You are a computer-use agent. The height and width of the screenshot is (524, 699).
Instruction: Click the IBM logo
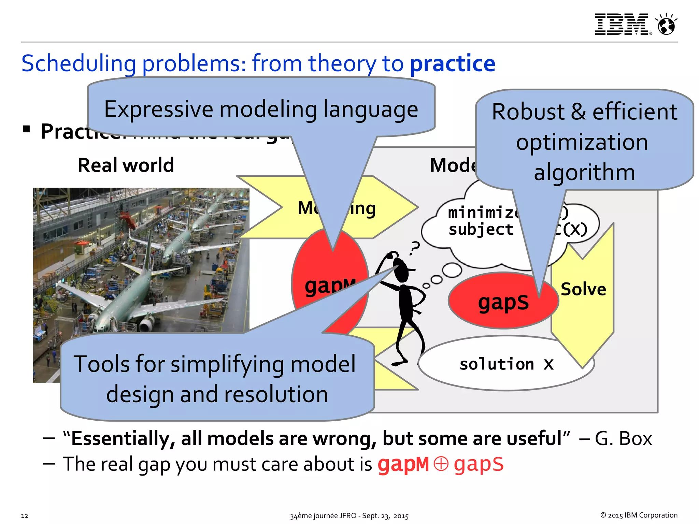[621, 24]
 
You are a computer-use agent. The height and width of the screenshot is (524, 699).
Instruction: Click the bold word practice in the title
[452, 64]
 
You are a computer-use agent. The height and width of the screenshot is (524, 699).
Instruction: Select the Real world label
[126, 165]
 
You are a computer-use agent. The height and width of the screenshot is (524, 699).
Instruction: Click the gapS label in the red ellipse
[503, 303]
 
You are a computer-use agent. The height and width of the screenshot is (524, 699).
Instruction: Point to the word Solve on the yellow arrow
[583, 289]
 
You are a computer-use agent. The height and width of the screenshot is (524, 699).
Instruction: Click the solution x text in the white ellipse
[506, 364]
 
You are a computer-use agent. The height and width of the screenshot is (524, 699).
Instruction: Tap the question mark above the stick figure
[415, 248]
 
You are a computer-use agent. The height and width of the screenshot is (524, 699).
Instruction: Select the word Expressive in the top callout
[159, 110]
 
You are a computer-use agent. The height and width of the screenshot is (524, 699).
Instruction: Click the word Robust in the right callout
[528, 112]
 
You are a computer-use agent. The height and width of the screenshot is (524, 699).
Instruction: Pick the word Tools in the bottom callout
[102, 364]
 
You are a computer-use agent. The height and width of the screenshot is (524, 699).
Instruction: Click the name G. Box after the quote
[623, 439]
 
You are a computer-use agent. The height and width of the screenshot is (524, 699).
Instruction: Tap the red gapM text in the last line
[403, 465]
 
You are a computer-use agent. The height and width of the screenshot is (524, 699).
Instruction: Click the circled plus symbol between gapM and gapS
[441, 464]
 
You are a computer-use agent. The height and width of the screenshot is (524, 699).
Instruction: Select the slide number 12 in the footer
[25, 515]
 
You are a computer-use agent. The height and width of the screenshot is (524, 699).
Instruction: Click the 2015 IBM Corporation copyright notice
[639, 515]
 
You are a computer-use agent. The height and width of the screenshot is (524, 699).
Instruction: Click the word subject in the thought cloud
[481, 230]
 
